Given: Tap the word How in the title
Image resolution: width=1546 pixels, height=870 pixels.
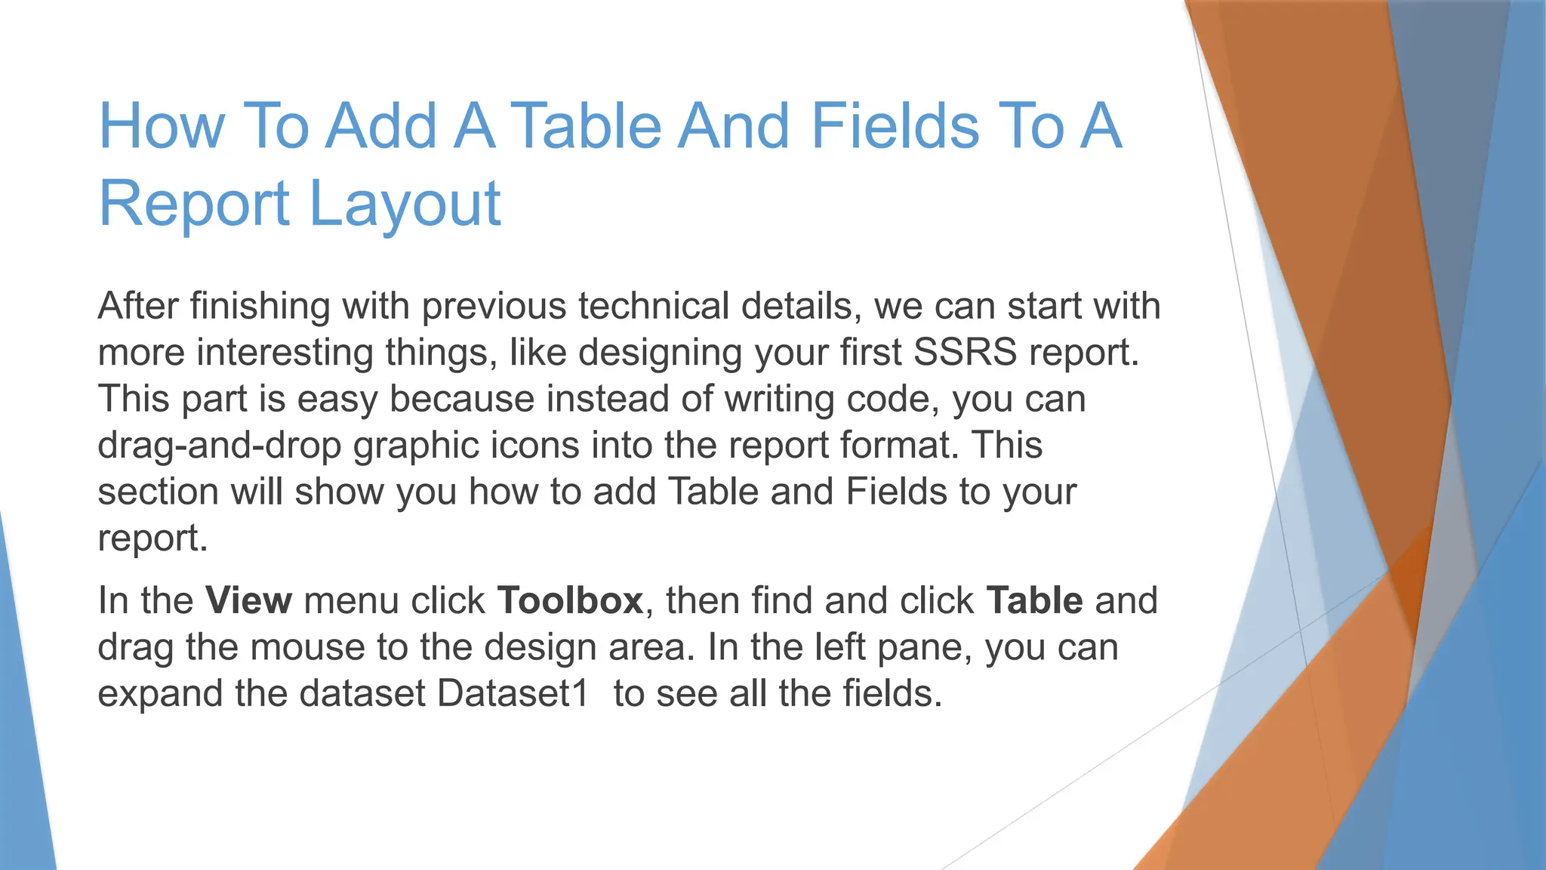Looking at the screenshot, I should click(x=162, y=126).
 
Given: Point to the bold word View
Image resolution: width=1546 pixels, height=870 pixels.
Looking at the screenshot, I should click(x=248, y=601).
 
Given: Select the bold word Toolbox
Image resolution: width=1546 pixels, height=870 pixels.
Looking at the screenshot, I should click(x=570, y=601).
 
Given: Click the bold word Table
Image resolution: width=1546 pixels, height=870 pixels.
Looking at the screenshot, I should click(x=1034, y=601).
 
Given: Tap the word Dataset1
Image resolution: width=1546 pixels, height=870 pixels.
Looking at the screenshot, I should click(x=513, y=694).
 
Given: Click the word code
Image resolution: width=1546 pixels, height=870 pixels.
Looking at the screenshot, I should click(x=892, y=399).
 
